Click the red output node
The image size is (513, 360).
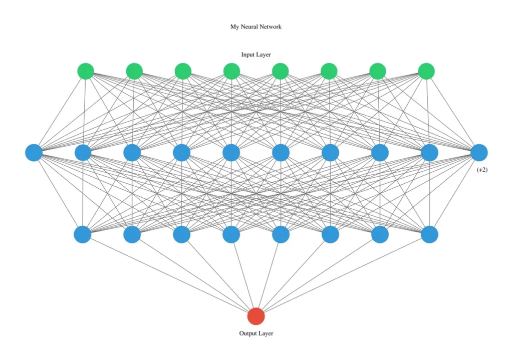[256, 316]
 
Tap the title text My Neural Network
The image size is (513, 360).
[256, 27]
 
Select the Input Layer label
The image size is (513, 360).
[256, 55]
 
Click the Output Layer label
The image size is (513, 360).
[256, 333]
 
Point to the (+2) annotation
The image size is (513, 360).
[482, 170]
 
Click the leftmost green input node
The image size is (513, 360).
[86, 71]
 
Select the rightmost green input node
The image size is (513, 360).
[426, 71]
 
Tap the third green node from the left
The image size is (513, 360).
[183, 71]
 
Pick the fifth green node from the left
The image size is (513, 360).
[281, 71]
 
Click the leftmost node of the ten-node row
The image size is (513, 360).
[34, 153]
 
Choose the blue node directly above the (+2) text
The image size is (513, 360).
[479, 153]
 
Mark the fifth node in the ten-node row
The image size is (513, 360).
[231, 153]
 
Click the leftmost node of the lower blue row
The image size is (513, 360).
[83, 234]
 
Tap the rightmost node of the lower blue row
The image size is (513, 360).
[429, 234]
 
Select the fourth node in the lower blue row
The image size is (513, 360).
[231, 234]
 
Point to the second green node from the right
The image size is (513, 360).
[378, 71]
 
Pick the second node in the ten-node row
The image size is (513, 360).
[83, 153]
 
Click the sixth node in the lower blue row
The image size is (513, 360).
[331, 234]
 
